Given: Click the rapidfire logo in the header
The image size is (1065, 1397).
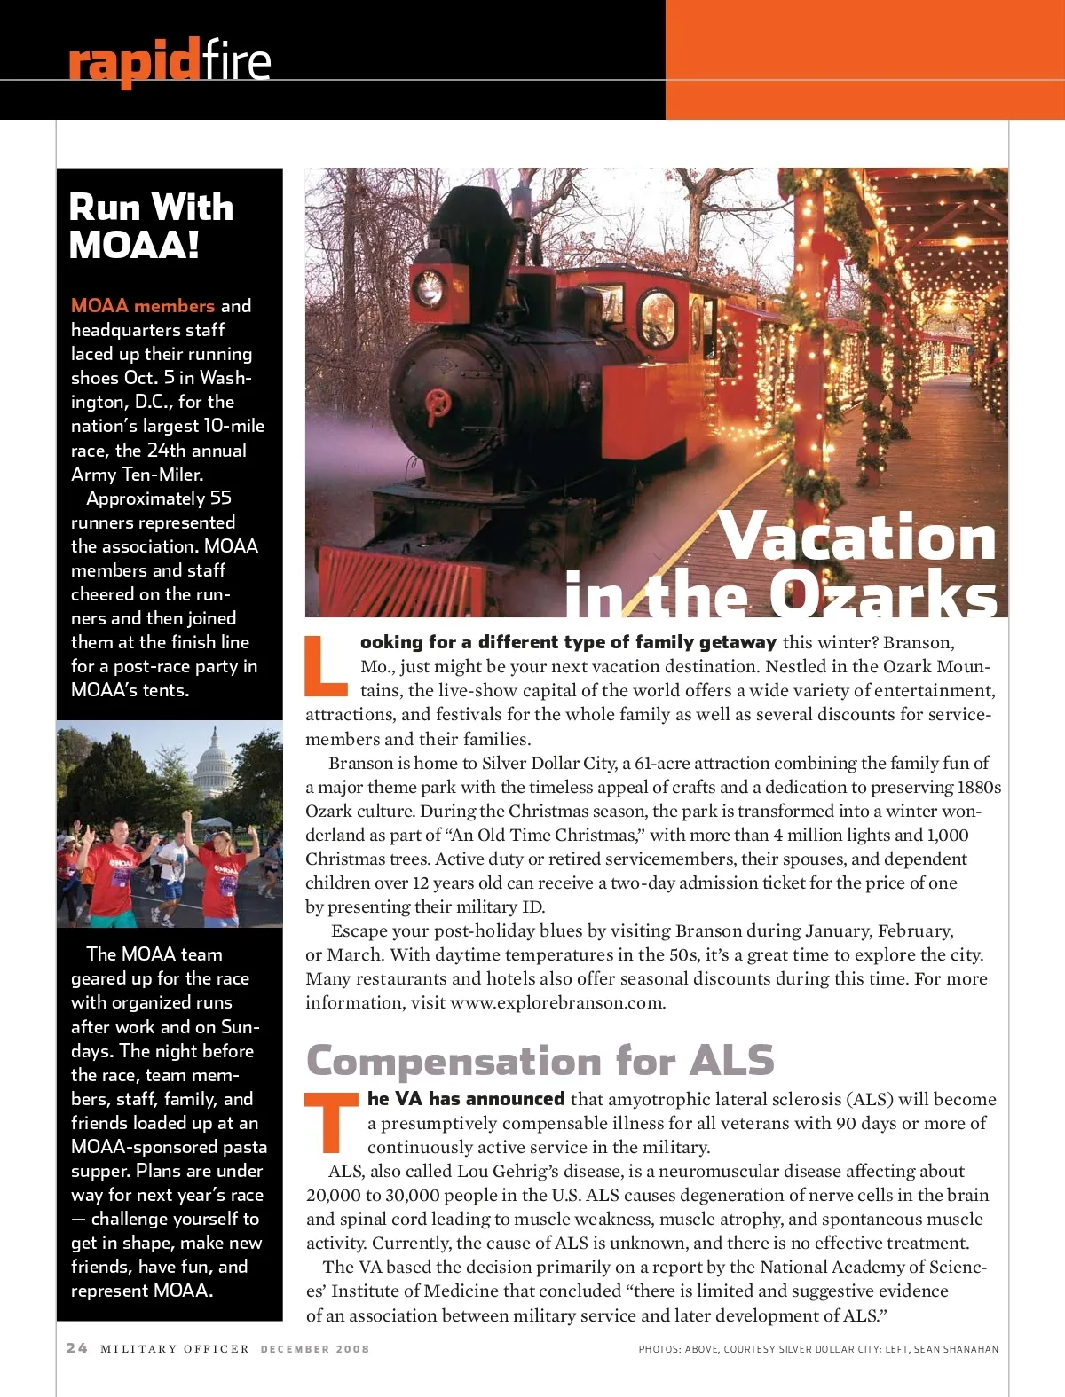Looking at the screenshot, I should tap(169, 61).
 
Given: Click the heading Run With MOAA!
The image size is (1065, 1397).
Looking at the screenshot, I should tap(151, 226).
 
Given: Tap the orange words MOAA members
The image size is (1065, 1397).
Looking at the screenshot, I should tap(143, 306).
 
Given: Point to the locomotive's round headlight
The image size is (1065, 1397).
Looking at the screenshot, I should tap(430, 287).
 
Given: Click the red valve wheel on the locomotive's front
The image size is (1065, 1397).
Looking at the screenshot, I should tap(438, 404).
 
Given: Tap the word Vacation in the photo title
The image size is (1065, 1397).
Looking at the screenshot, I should tap(857, 537).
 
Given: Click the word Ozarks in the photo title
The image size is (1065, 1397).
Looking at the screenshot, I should tap(883, 595).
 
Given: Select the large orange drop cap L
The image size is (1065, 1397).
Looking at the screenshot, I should tap(325, 665).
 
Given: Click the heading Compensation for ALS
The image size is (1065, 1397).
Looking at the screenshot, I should tap(540, 1061).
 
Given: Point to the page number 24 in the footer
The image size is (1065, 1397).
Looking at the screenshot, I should tap(77, 1348).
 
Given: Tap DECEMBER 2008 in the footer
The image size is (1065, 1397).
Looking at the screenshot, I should tap(314, 1349).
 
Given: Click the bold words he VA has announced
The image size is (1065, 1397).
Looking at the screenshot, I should tap(466, 1099).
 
